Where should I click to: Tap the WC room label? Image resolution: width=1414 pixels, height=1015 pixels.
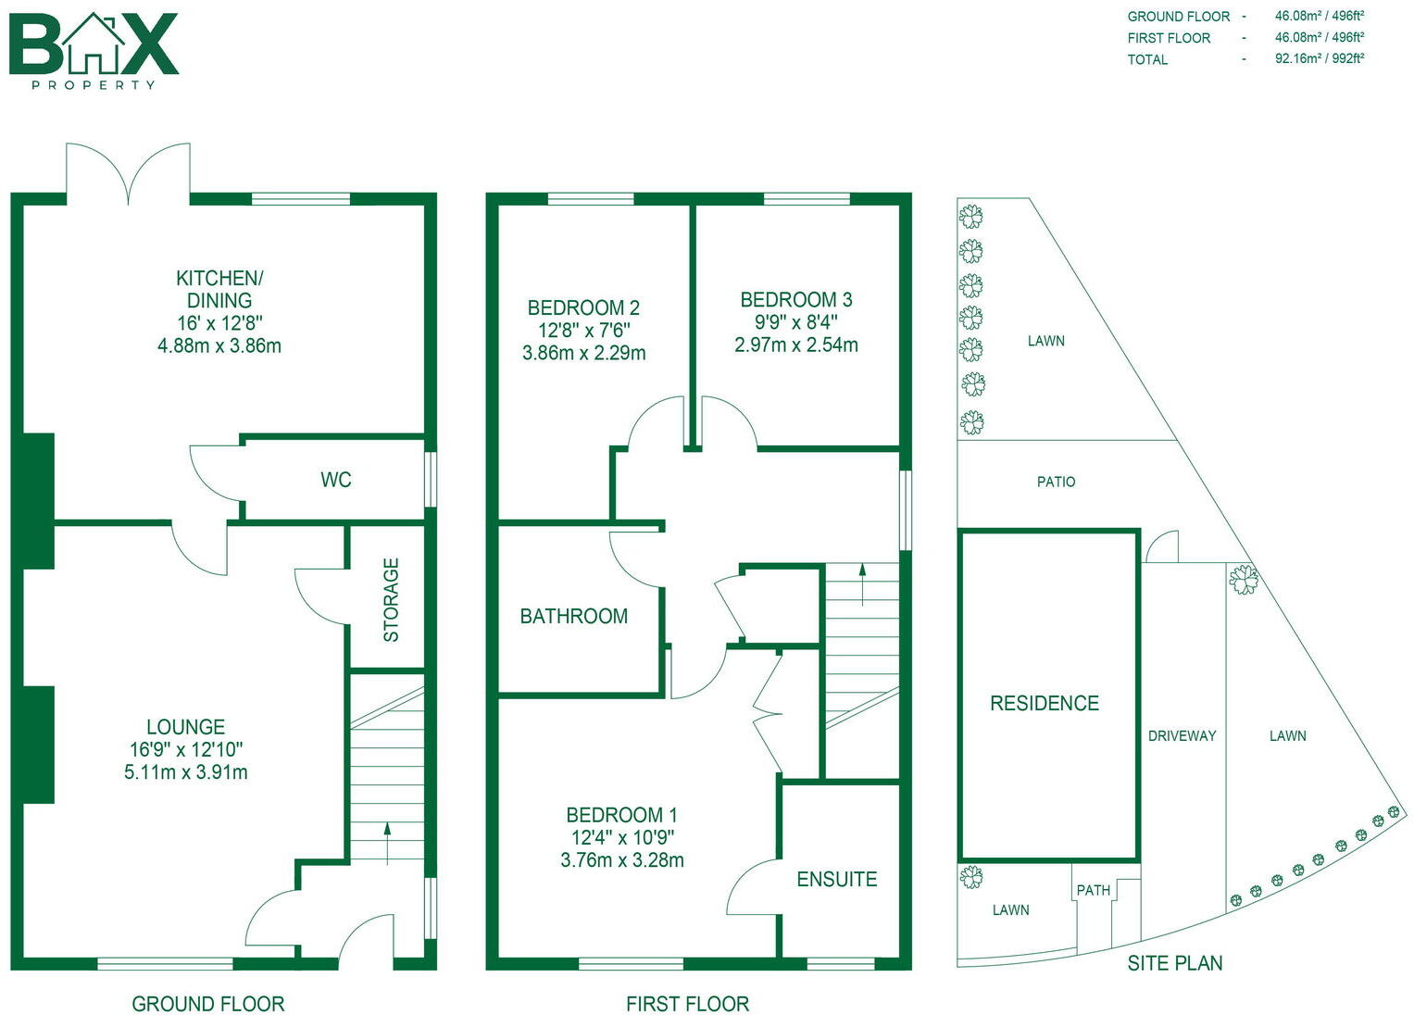tap(335, 480)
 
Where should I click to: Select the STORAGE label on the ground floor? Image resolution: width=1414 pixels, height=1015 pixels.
tap(391, 599)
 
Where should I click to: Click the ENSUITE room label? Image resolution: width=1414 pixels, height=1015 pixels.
tap(836, 879)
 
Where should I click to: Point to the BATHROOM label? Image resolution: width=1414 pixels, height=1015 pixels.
tap(573, 616)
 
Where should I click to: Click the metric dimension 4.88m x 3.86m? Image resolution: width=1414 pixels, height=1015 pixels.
tap(219, 346)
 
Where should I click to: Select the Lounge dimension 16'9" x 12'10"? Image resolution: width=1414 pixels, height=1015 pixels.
tap(186, 750)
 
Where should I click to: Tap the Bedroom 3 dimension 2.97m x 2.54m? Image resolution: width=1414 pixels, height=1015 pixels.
tap(795, 345)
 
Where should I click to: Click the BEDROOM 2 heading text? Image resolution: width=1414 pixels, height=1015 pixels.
tap(583, 307)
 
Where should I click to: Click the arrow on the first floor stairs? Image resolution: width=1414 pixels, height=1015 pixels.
tap(863, 583)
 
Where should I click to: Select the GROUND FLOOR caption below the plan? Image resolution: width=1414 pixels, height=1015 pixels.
tap(207, 1004)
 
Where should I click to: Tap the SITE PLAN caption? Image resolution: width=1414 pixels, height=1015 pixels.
tap(1174, 963)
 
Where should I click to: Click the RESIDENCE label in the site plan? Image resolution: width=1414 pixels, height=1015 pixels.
tap(1045, 703)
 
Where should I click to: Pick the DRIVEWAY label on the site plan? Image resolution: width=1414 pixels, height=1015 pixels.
tap(1182, 736)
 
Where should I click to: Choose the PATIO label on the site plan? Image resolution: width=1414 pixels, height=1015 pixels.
tap(1056, 482)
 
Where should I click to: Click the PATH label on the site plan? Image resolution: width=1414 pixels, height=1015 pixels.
tap(1093, 890)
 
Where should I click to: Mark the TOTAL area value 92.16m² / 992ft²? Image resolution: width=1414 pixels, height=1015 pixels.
tap(1319, 58)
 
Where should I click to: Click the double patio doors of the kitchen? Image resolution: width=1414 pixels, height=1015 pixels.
tap(128, 174)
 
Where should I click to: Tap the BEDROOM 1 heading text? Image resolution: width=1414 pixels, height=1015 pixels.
tap(621, 815)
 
